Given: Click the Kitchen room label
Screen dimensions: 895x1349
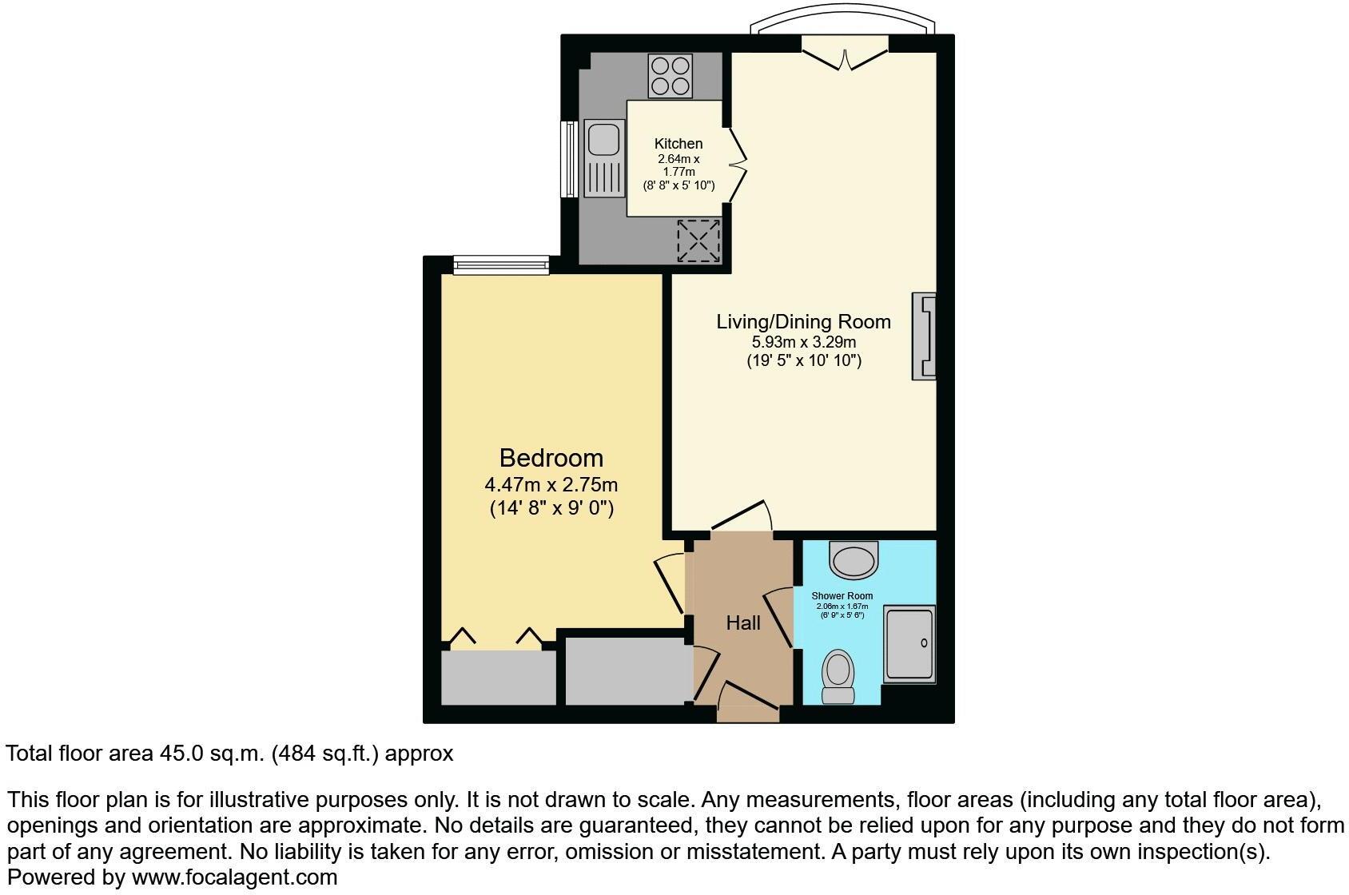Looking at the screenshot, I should coord(678,144).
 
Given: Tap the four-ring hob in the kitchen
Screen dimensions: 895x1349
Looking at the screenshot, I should coord(671,76).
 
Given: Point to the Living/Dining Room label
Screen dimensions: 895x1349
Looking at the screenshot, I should coord(803,322).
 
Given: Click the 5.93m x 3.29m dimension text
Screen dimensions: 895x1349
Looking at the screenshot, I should coord(803,342).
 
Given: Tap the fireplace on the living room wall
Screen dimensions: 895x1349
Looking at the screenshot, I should coord(924,336).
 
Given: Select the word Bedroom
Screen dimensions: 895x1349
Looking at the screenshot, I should coord(551,458).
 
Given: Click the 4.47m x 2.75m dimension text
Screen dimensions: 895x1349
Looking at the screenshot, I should coord(551,485).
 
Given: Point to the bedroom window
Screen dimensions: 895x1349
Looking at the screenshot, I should coord(501,265).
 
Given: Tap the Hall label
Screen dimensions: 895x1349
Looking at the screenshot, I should coord(743,623).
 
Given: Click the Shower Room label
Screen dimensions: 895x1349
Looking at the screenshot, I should coord(842,596).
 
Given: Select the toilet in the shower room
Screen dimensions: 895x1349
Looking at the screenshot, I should coord(838,675).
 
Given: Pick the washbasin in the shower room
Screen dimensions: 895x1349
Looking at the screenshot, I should coord(854,559).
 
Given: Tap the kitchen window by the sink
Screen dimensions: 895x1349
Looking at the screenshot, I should coord(569,158).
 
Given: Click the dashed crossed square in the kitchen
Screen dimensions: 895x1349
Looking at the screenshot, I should coord(698,240).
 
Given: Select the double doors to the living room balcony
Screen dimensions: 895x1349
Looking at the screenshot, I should coord(845,53).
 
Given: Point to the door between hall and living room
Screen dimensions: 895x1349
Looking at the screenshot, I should coord(742,517).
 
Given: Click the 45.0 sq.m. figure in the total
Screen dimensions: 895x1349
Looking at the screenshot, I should coord(209,754).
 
